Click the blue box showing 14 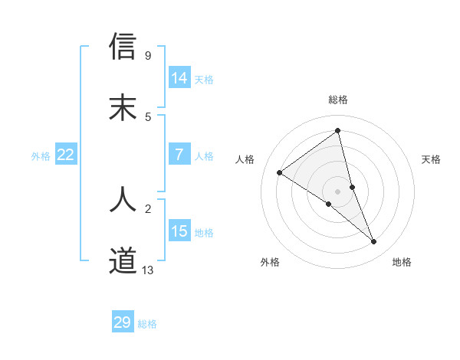tap(179, 78)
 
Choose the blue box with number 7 tap(179, 155)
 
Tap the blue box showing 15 tap(179, 231)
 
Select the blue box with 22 tap(65, 155)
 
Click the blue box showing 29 tap(123, 322)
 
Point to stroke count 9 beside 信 tap(147, 55)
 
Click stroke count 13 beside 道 tap(148, 270)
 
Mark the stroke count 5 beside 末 tap(147, 116)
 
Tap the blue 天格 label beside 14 tap(204, 80)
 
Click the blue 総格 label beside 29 tap(147, 324)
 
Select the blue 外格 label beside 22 tap(41, 156)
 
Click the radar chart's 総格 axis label tap(338, 100)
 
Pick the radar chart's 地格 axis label tap(402, 262)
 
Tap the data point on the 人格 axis tap(280, 172)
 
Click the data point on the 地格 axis tap(374, 242)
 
